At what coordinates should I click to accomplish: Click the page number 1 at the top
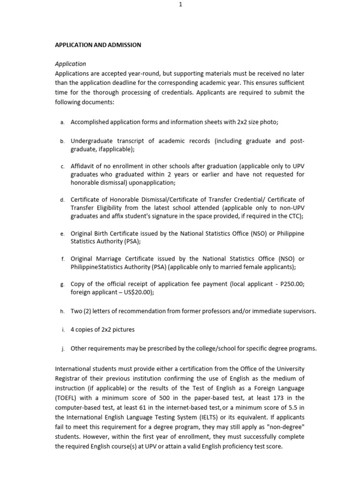tap(180, 4)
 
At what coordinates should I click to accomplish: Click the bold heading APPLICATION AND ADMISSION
tap(98, 45)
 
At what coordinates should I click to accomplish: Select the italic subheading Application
tap(70, 64)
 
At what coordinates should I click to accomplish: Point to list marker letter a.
tap(62, 122)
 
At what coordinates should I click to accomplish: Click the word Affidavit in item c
tap(83, 166)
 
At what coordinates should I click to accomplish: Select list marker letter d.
tap(62, 200)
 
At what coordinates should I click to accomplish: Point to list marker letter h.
tap(62, 311)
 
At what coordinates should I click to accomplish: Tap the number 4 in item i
tap(73, 330)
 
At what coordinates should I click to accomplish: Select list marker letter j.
tap(62, 348)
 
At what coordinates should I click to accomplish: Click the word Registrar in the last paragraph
tap(68, 378)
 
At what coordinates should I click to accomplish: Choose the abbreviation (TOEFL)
tap(67, 398)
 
